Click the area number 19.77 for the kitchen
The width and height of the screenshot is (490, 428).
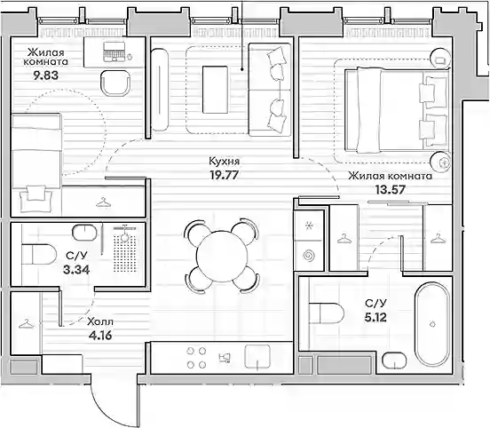(224, 175)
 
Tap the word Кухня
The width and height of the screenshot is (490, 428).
(224, 162)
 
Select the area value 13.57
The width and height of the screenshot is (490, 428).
(391, 189)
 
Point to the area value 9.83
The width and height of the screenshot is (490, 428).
(46, 75)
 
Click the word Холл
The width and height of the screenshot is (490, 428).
(100, 321)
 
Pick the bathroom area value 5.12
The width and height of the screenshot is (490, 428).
(375, 317)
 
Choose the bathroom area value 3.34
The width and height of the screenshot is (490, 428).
(76, 269)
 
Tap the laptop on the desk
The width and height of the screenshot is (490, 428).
(114, 52)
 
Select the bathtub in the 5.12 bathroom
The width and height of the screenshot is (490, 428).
(432, 323)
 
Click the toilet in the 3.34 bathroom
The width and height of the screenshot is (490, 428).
(39, 254)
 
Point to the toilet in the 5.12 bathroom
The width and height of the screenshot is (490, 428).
(327, 313)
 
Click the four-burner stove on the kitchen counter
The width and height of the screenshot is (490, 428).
(196, 358)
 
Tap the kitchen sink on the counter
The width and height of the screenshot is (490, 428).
(257, 357)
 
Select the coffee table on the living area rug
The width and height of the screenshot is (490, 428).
(215, 90)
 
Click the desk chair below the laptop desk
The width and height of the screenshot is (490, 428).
(115, 83)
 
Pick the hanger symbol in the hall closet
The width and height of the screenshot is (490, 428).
(27, 324)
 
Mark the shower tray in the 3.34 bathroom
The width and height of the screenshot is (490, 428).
(125, 250)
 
